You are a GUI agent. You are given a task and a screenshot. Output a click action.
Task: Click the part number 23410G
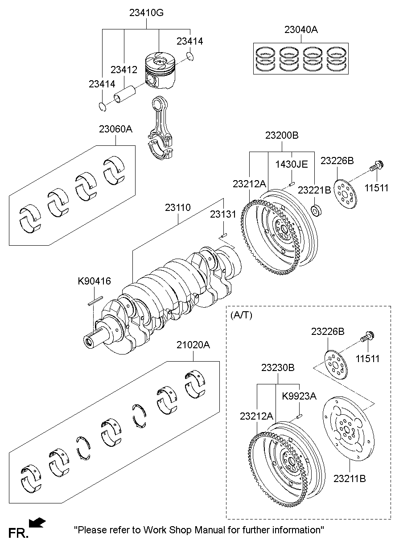147,13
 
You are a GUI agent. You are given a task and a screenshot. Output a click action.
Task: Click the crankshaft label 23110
178,207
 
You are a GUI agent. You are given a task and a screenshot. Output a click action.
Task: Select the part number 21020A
193,345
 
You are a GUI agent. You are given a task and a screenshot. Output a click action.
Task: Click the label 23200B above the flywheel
282,136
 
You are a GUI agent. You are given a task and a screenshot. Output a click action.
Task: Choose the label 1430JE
292,164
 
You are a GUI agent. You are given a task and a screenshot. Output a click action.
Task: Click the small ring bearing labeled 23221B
316,210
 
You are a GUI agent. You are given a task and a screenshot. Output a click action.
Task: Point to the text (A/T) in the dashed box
242,315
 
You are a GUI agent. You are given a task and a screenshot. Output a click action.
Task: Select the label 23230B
278,368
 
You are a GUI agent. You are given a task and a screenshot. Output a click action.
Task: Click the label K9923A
299,396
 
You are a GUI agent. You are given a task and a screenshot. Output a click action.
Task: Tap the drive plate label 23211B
350,478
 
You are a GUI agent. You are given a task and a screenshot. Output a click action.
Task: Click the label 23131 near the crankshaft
223,214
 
